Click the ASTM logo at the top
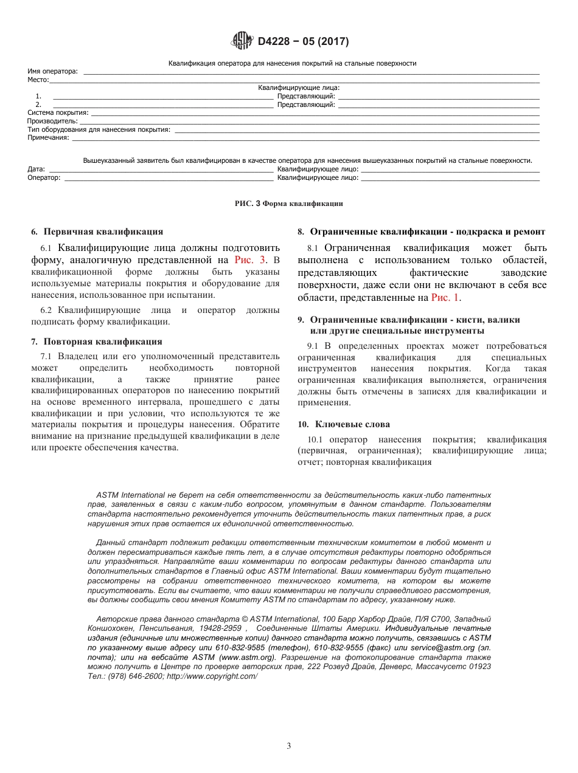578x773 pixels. tap(242, 41)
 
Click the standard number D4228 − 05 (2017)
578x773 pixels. tap(303, 42)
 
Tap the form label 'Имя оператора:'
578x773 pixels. tap(53, 72)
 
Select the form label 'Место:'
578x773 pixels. tap(38, 80)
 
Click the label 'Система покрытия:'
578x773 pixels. tap(58, 112)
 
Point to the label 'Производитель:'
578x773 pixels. tap(52, 121)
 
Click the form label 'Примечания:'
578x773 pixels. tap(48, 137)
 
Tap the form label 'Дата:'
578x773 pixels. tap(36, 169)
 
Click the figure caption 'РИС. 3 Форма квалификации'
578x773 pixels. tap(288, 204)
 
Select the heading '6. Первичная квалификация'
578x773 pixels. tap(97, 232)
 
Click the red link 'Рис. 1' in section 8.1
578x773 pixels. tap(445, 298)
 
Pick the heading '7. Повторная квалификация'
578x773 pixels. tap(97, 342)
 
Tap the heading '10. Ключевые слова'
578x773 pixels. tap(343, 424)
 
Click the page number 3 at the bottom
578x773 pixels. tap(289, 746)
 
